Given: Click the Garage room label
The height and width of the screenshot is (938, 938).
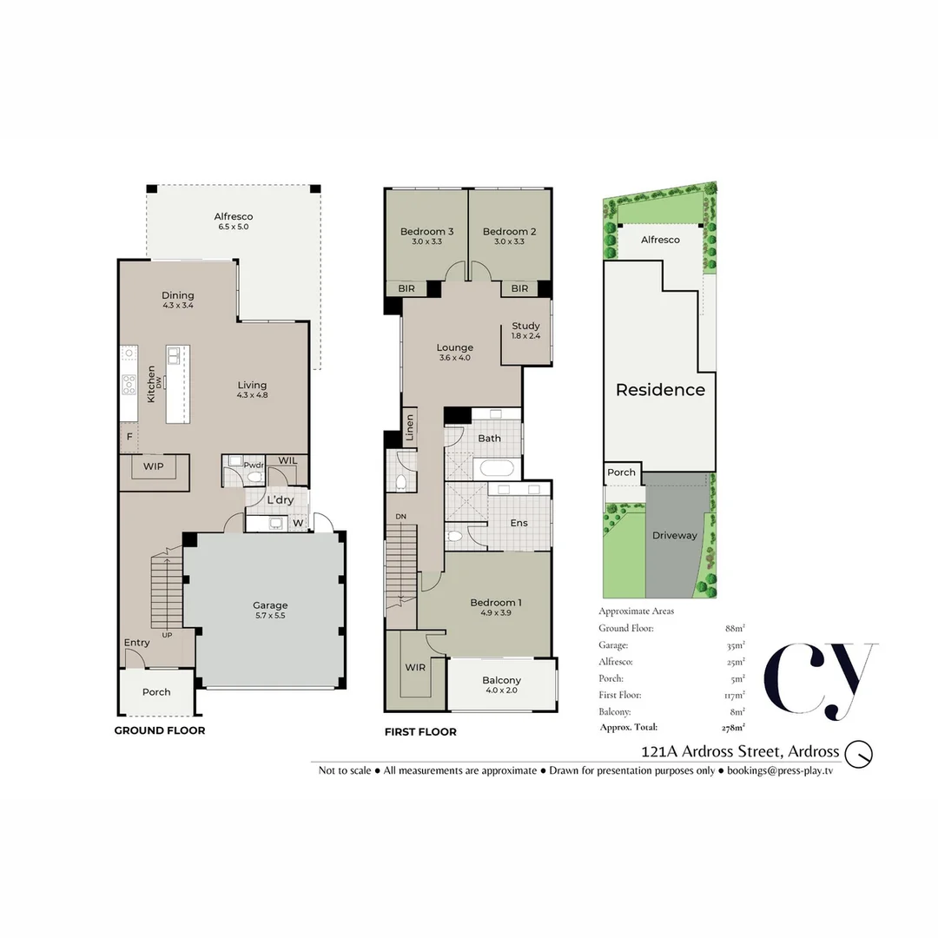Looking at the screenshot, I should pyautogui.click(x=270, y=605).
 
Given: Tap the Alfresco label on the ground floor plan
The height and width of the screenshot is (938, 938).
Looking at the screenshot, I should pyautogui.click(x=234, y=216).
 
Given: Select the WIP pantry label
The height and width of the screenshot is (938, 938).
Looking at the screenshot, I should pyautogui.click(x=154, y=466).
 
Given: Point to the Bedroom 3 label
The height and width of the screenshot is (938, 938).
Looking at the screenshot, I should pyautogui.click(x=426, y=232).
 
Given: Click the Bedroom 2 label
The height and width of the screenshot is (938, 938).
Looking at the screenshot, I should pyautogui.click(x=509, y=232).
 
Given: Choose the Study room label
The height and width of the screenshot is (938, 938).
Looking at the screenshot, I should pyautogui.click(x=525, y=327).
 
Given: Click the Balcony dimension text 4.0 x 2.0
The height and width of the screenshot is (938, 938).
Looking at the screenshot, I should pyautogui.click(x=501, y=691).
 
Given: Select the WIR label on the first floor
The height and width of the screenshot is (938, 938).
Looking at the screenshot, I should pyautogui.click(x=414, y=668).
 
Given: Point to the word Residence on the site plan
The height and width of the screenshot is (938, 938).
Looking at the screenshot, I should pyautogui.click(x=660, y=390).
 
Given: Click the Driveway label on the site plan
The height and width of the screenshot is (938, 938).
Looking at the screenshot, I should pyautogui.click(x=675, y=536).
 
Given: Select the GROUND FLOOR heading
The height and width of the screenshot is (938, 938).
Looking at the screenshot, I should pyautogui.click(x=160, y=730).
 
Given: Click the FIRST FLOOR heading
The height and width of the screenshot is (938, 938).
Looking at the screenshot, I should pyautogui.click(x=420, y=732).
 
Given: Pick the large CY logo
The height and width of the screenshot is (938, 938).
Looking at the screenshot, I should pyautogui.click(x=820, y=681).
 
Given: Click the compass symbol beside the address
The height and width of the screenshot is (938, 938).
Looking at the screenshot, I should pyautogui.click(x=860, y=752).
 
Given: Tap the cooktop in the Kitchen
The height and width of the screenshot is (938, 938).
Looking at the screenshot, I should pyautogui.click(x=129, y=383).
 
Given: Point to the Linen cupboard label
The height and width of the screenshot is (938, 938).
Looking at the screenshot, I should pyautogui.click(x=410, y=427).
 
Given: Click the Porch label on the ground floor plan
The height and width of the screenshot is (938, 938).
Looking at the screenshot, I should pyautogui.click(x=156, y=692).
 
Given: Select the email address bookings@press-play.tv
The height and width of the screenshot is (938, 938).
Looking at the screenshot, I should pyautogui.click(x=780, y=770).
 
